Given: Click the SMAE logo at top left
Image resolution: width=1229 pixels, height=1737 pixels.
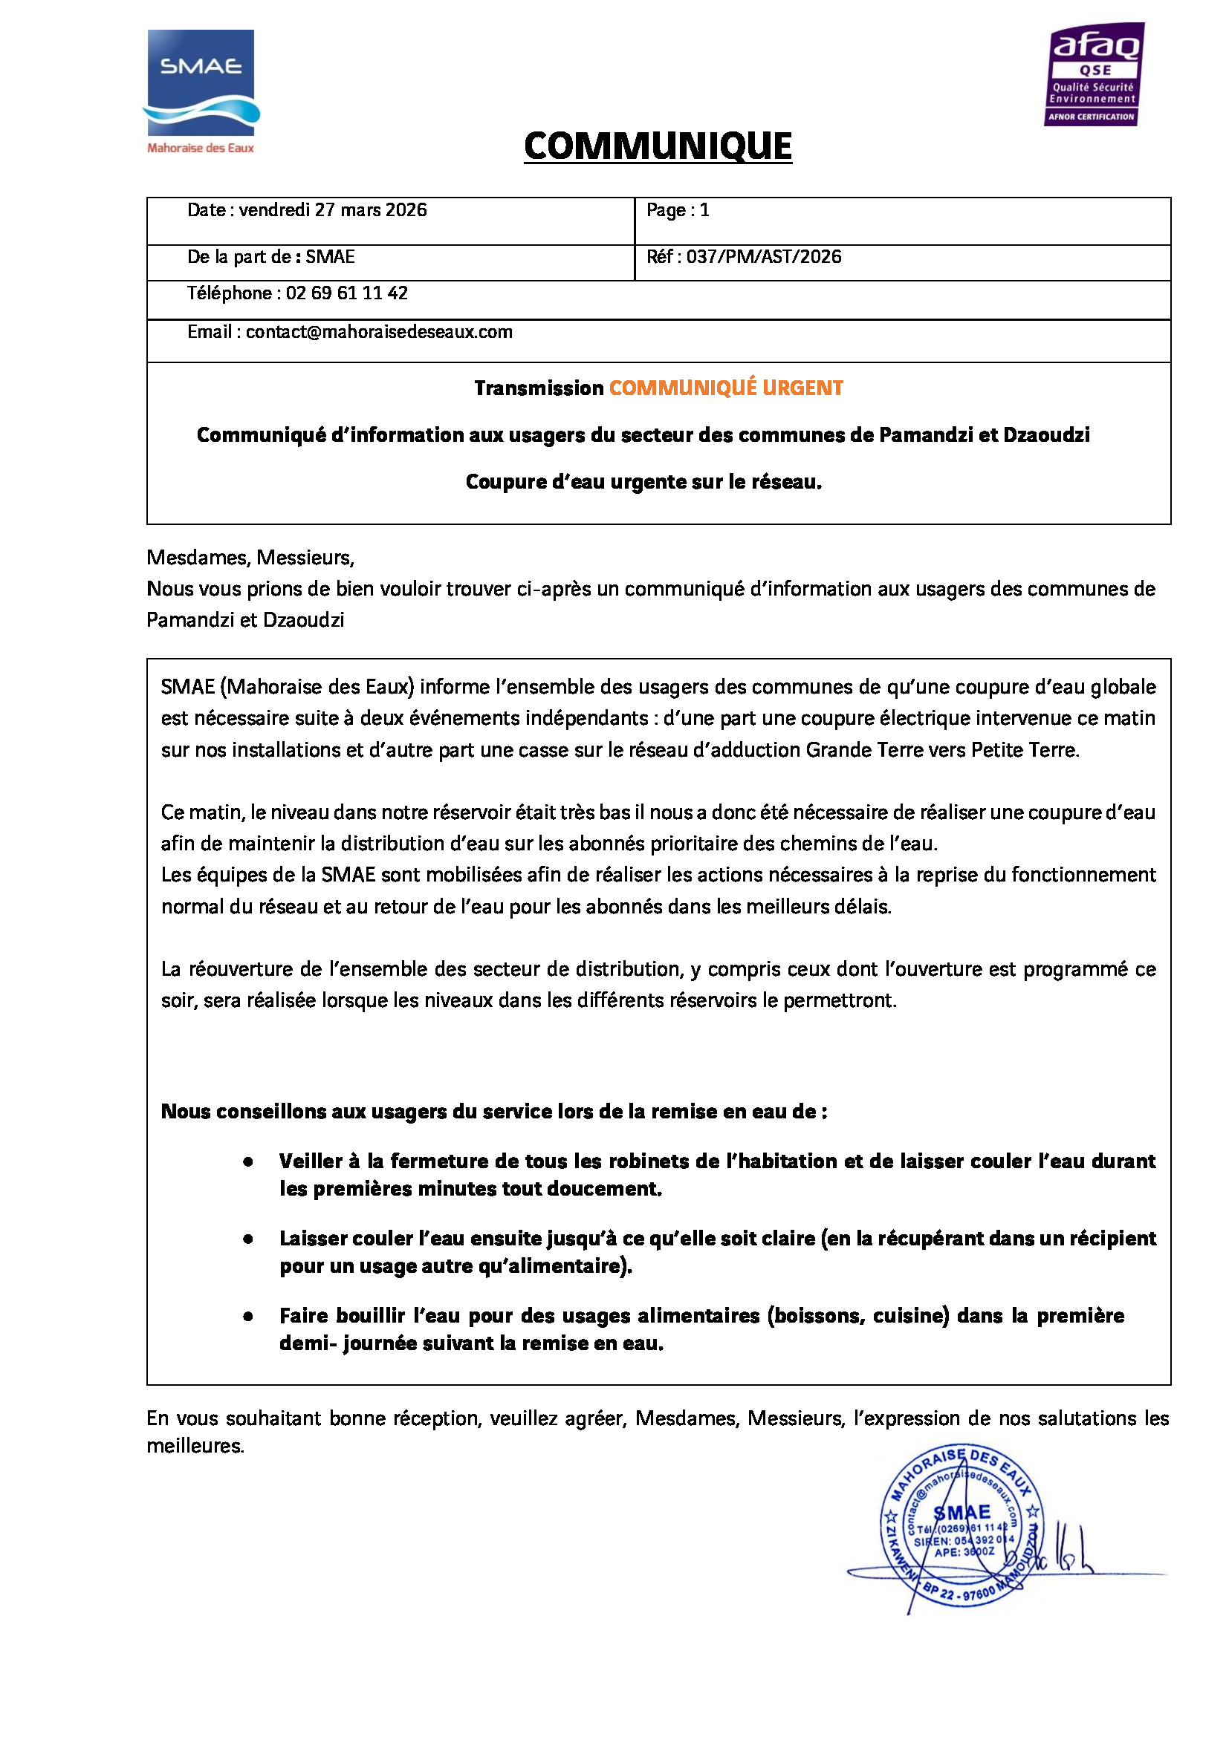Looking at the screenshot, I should pos(201,83).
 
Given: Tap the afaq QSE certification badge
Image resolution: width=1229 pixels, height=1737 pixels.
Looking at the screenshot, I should pos(1095,74).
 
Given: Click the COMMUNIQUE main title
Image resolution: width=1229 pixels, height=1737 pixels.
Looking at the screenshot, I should pos(658,146).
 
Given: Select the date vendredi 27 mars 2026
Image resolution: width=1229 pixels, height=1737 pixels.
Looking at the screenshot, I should pos(333,210).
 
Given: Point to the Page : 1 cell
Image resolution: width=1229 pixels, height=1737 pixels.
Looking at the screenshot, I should pos(678,210).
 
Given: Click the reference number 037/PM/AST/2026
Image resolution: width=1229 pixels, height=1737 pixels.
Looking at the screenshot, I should pos(764,257).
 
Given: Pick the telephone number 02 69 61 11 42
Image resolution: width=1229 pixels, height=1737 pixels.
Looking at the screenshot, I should pos(346,293).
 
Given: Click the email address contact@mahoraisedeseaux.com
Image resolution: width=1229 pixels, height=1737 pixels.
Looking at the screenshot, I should pos(378,332).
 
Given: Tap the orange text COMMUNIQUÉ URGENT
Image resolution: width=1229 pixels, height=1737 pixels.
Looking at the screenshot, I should pos(726,388).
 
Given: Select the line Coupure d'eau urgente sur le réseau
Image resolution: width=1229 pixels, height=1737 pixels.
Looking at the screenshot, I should pos(643,482).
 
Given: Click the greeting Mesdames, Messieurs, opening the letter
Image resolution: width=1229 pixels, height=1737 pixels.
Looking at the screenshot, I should pos(250,558).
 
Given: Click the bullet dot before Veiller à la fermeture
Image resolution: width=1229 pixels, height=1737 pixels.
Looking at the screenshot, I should pos(247,1161).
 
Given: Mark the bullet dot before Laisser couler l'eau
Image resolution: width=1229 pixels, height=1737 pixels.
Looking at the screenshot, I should pos(247,1239).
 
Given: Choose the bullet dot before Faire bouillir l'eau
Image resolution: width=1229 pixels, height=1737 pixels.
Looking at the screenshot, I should pos(247,1316).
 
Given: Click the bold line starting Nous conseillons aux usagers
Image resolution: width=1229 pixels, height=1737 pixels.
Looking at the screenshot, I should pos(493,1112).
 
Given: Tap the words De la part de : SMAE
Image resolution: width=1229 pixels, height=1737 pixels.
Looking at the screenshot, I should pos(271,257).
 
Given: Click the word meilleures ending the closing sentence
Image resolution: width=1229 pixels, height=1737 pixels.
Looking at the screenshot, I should pos(195,1446).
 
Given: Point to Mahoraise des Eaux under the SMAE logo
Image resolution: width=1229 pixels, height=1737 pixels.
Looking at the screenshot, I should pos(201,149).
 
